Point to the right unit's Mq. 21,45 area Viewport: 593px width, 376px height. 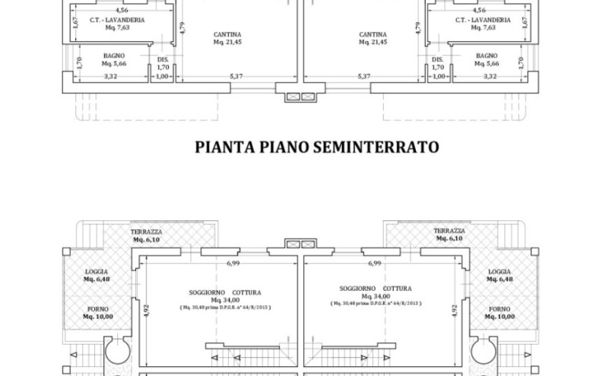coord(373,43)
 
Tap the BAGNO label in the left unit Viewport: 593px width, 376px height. coord(114,55)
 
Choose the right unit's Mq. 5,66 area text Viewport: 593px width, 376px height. coord(487,64)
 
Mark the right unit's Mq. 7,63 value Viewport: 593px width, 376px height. coord(484,27)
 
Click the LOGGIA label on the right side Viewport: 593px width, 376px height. coord(499,271)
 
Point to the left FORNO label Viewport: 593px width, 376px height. coord(97,309)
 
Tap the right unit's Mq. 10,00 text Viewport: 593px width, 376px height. coord(499,317)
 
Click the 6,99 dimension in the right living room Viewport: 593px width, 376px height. coord(374,263)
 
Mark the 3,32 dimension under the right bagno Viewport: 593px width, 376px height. coord(490,76)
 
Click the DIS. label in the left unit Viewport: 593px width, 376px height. coord(163,59)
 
